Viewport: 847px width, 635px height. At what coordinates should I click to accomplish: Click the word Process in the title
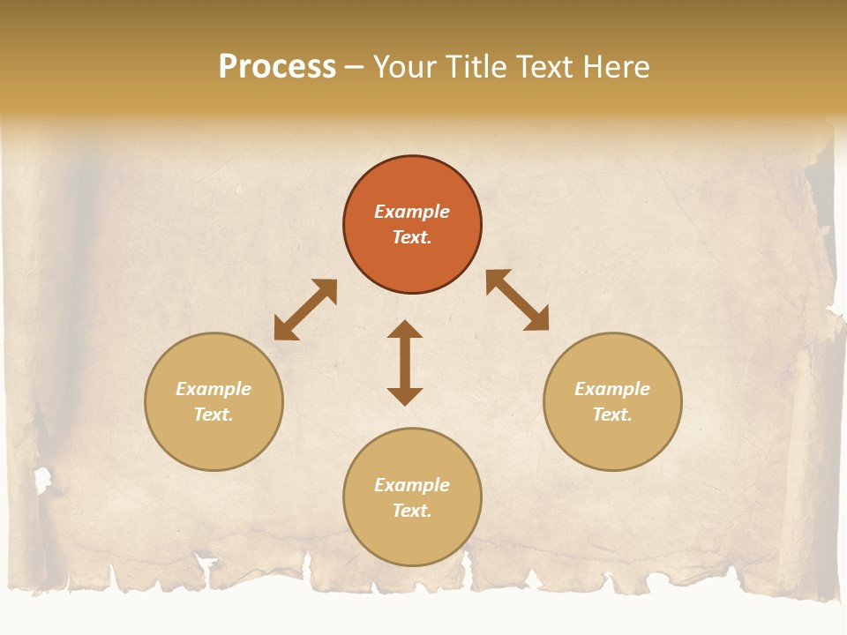pos(277,67)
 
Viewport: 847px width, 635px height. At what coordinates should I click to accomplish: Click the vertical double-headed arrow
pos(405,362)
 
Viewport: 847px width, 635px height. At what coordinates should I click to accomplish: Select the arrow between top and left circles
pos(305,310)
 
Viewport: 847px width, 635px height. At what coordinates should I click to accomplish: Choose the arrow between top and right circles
pos(517,300)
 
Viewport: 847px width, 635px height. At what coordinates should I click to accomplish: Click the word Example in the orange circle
pos(412,212)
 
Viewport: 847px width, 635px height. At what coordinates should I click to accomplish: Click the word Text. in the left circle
pos(214,415)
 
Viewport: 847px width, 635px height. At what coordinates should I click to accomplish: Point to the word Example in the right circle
pos(612,389)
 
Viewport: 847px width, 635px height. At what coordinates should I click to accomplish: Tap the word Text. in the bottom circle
pos(412,511)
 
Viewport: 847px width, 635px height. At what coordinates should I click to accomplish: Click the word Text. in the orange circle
pos(412,237)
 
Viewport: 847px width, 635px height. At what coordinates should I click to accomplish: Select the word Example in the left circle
pos(214,389)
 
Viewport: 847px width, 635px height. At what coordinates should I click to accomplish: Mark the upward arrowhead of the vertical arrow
pos(405,330)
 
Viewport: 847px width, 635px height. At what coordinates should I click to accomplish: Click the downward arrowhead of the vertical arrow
pos(405,396)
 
